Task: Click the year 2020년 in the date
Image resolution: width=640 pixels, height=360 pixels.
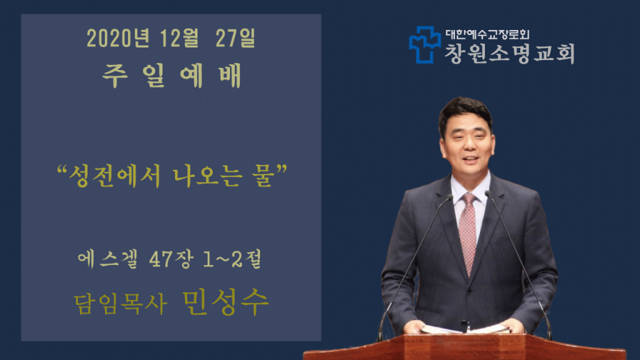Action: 118,38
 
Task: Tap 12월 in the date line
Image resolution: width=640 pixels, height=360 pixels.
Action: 179,38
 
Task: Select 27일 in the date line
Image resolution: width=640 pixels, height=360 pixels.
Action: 235,38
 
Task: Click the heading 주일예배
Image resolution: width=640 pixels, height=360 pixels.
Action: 172,76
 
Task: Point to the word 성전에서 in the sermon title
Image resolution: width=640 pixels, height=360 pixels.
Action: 115,176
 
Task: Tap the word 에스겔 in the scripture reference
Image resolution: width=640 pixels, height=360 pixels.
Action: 108,259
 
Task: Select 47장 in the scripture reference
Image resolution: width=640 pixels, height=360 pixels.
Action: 171,259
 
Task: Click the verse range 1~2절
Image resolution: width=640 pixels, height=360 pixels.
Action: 232,259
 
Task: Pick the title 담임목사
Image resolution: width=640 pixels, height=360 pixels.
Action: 121,304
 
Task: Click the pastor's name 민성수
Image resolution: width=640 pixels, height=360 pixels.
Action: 225,302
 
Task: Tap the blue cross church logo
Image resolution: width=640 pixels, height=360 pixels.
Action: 425,45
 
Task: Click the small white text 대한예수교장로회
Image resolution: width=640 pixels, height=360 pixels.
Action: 487,34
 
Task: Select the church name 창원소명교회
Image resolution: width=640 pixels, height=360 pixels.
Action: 509,54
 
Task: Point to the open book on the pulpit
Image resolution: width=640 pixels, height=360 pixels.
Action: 465,329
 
